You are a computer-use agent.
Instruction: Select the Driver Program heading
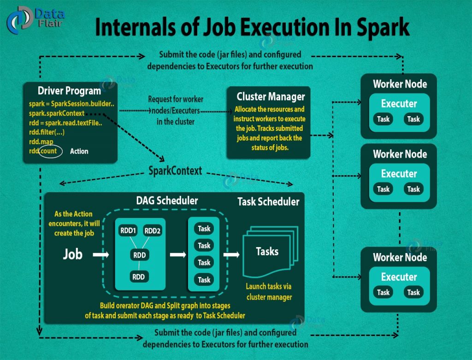[x=69, y=90]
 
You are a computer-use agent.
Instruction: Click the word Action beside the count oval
[x=79, y=151]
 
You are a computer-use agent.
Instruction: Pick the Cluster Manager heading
[x=271, y=97]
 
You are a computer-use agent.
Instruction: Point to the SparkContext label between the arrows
[x=175, y=171]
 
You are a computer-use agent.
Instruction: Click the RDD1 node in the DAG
[x=127, y=230]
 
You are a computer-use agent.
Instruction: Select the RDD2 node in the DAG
[x=152, y=230]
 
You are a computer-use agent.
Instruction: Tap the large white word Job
[x=72, y=254]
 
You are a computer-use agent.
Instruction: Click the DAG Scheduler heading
[x=167, y=201]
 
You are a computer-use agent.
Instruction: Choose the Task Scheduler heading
[x=268, y=201]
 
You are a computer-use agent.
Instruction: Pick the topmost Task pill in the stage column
[x=204, y=229]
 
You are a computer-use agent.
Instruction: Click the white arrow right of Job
[x=100, y=254]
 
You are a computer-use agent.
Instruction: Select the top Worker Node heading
[x=400, y=84]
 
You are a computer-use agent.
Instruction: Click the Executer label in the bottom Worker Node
[x=399, y=277]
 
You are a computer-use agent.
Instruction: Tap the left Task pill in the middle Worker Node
[x=383, y=189]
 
